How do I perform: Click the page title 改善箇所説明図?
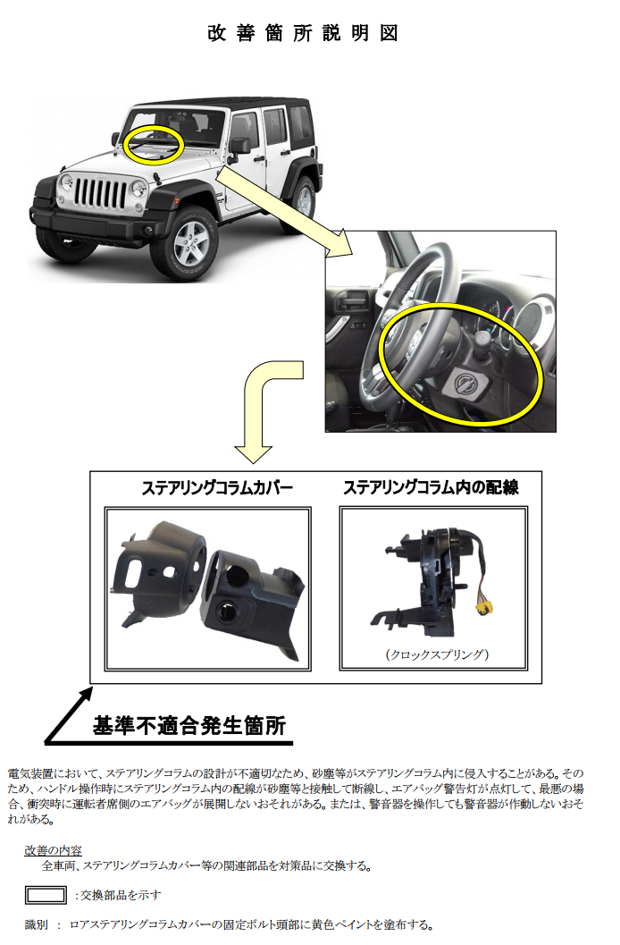[303, 33]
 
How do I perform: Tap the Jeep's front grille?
[100, 193]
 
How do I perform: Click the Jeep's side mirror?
[239, 146]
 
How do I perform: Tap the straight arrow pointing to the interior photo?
[283, 212]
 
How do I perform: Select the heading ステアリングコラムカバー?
[217, 487]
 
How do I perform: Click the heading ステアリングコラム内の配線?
[431, 487]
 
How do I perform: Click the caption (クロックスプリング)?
[437, 654]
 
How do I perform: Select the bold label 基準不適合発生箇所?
[189, 726]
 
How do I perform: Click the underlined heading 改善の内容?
[53, 850]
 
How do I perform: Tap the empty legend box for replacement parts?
[46, 895]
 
